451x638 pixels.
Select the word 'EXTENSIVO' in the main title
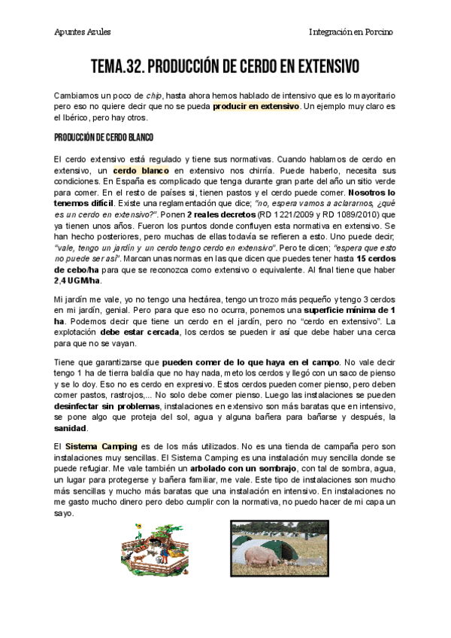pos(319,68)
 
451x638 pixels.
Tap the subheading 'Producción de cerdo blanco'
pos(103,139)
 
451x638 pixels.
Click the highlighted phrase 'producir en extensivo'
pos(256,107)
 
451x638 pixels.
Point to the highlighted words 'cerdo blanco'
pos(141,171)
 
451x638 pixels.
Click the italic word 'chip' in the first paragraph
pos(155,96)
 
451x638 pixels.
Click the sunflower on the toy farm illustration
pos(138,530)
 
